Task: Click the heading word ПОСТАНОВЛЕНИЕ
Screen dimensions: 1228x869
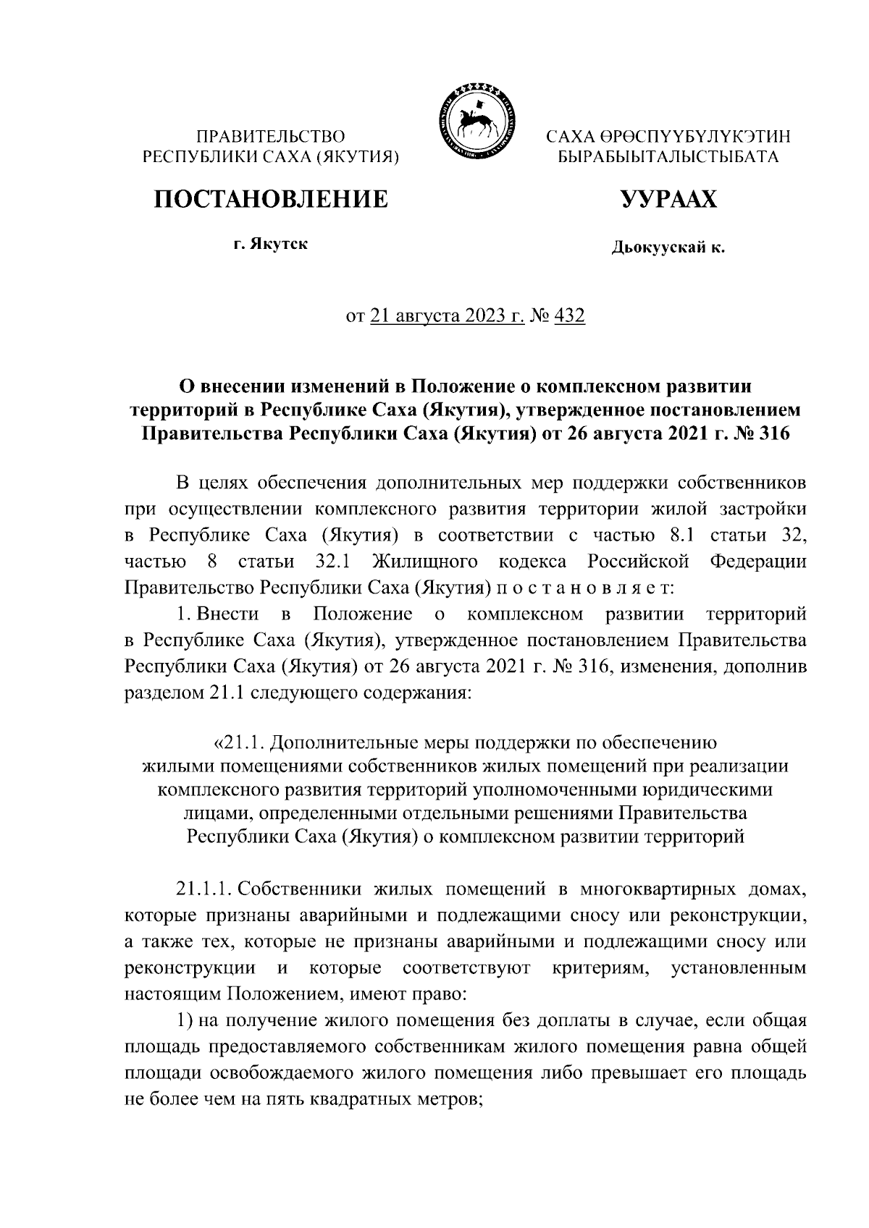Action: (269, 198)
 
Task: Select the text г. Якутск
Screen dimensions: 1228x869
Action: (269, 244)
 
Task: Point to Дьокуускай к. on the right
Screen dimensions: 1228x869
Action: (668, 249)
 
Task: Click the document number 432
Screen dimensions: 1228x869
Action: (569, 316)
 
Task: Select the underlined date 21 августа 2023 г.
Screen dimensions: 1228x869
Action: (447, 316)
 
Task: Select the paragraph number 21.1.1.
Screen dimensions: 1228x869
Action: (204, 889)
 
